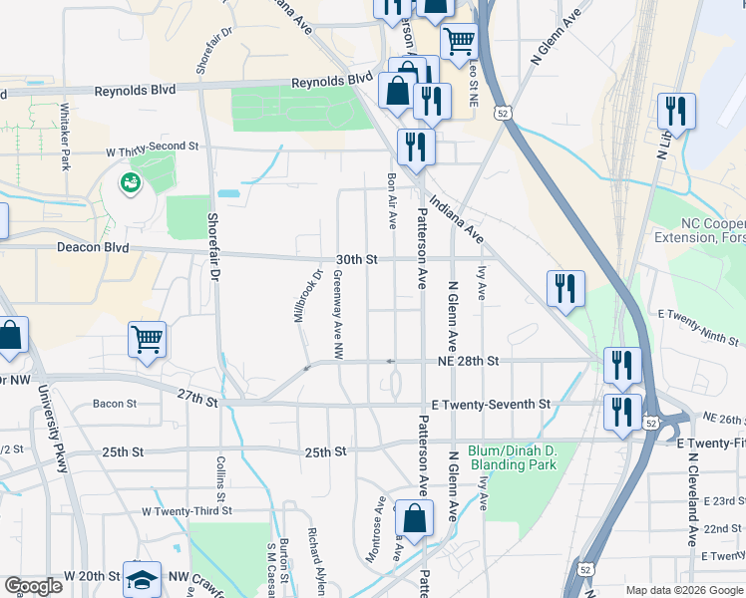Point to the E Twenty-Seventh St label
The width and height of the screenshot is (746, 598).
coord(491,405)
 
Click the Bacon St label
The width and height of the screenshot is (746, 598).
coord(115,404)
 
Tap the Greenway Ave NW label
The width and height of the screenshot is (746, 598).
coord(337,315)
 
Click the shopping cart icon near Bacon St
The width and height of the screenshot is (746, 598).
coord(147,339)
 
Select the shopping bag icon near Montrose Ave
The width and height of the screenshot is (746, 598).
coord(414,518)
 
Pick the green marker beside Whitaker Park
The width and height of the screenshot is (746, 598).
coord(129,182)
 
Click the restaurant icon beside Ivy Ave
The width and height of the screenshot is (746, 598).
coord(565,288)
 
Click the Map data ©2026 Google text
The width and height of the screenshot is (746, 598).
coord(683,590)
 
